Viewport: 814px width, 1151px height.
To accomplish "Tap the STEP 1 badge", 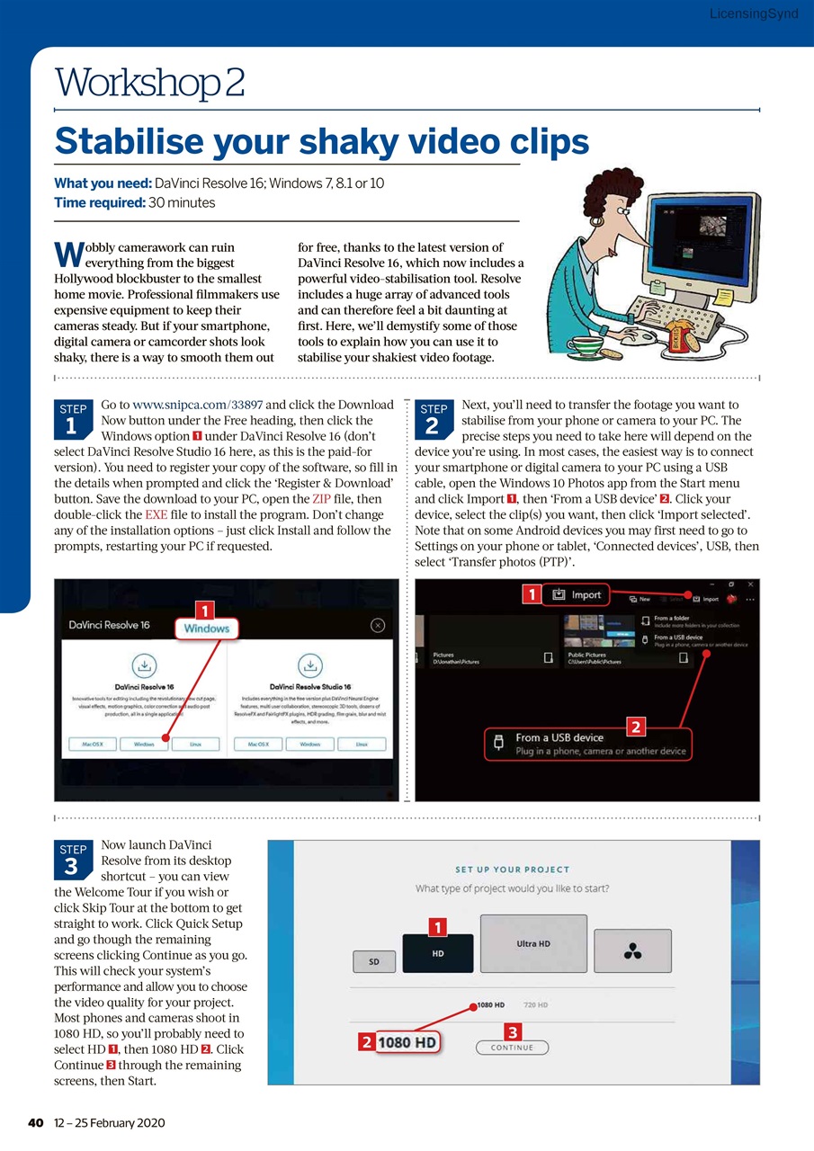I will (x=73, y=418).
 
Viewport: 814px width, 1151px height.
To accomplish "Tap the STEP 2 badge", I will (x=433, y=418).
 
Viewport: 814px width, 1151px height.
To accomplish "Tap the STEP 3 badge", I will (x=73, y=859).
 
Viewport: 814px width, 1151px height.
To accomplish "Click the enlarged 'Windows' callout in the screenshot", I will (x=207, y=629).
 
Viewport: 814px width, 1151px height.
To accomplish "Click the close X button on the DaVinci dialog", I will (x=378, y=625).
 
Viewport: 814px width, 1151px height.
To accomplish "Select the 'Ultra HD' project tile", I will (x=533, y=943).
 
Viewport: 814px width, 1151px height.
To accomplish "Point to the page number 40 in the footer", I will (x=36, y=1123).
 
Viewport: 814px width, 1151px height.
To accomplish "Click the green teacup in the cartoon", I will (x=586, y=345).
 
